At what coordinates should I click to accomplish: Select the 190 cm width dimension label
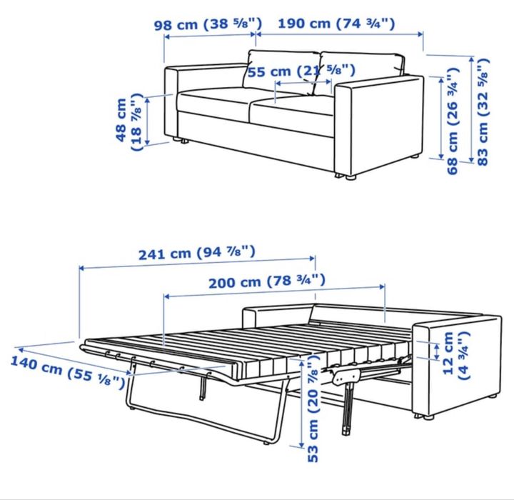(336, 23)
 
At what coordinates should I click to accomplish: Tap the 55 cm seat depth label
(301, 71)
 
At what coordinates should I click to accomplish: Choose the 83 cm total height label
(484, 111)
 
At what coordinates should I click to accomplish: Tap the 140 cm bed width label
(61, 371)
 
